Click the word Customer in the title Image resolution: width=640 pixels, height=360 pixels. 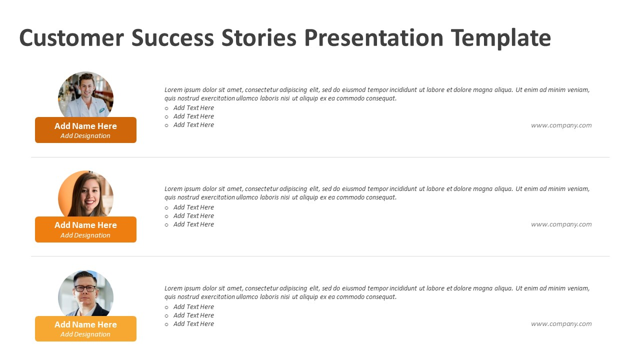coord(71,38)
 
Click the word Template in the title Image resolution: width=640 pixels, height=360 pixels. coord(500,38)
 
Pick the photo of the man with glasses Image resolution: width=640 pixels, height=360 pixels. coord(85,293)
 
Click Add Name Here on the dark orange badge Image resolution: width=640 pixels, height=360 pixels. coord(85,126)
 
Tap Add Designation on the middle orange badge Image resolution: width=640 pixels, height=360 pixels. coord(85,235)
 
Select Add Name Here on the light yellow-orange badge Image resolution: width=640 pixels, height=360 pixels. coord(85,324)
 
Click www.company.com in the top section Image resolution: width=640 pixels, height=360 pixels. coord(561,125)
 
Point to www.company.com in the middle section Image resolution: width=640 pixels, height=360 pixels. coord(561,224)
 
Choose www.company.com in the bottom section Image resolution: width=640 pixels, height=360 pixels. coord(561,324)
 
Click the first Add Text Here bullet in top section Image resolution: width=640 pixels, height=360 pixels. coord(193,108)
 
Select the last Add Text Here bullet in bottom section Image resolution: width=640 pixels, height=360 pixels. coord(193,324)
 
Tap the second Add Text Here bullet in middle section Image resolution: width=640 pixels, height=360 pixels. coord(193,216)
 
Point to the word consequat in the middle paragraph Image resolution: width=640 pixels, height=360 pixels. coord(381,197)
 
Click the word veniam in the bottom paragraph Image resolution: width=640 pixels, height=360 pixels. coord(578,288)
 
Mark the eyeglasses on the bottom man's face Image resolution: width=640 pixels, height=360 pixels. coord(85,288)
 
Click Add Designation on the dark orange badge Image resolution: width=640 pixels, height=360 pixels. coord(85,136)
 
